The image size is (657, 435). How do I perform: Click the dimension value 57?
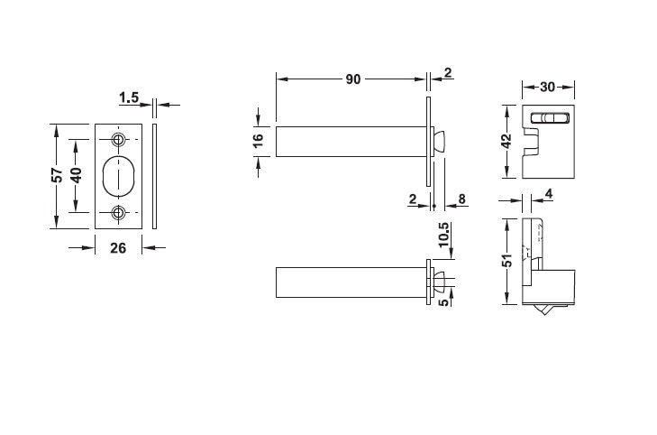coord(56,175)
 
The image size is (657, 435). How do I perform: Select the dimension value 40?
coord(77,175)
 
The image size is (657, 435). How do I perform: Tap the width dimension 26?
coord(117,248)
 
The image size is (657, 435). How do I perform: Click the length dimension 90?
coord(352,79)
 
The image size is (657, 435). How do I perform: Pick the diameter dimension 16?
coord(258,141)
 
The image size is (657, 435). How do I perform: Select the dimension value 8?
coord(461,199)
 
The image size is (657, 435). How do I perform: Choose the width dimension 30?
coord(548,88)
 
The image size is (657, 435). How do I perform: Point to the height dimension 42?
coord(506,141)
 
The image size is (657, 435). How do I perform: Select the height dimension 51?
coord(506,260)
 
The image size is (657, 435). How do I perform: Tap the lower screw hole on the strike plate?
coord(118,213)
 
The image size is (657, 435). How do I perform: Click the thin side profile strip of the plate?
coord(155,176)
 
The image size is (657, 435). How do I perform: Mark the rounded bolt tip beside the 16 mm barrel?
coord(440,140)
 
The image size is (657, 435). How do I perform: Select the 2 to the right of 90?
coord(447,72)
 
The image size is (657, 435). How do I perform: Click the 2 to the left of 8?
coord(412,199)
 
